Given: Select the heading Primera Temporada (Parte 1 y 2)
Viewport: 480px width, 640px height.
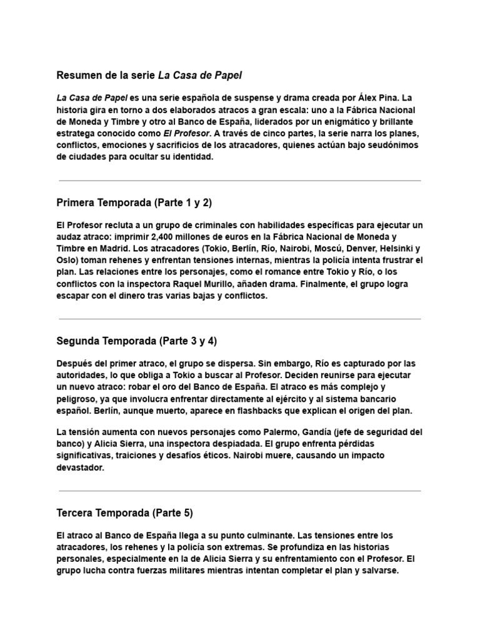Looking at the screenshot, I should pyautogui.click(x=136, y=203).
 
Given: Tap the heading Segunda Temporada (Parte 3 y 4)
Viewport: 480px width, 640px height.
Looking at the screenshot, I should pyautogui.click(x=137, y=341).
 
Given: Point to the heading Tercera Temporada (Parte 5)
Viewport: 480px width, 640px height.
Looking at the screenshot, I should pyautogui.click(x=125, y=513).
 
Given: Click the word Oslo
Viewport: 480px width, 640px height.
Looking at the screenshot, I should pyautogui.click(x=66, y=259).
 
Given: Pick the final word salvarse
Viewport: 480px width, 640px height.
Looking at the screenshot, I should pyautogui.click(x=377, y=571).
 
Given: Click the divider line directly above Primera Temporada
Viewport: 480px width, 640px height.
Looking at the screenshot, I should pyautogui.click(x=239, y=181).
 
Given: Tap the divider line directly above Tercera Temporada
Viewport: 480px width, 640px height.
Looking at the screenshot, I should pyautogui.click(x=239, y=491).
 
